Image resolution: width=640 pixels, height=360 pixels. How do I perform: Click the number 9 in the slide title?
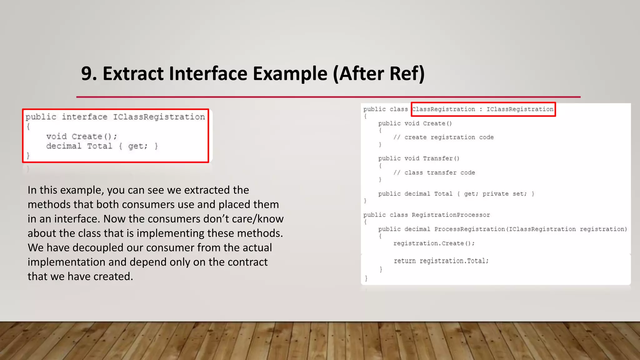(87, 74)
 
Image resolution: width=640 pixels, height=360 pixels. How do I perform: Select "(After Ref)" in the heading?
(378, 74)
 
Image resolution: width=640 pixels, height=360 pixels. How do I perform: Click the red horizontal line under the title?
(328, 97)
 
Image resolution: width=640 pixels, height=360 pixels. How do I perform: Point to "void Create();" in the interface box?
(82, 137)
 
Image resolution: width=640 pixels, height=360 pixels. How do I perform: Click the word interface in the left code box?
(84, 117)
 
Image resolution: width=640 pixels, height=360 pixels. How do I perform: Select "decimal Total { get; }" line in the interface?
(102, 146)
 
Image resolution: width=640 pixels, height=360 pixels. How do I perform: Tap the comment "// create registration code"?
(443, 137)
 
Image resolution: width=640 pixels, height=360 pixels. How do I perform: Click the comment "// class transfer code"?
(434, 172)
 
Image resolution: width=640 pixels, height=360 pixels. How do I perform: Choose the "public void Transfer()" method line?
(419, 158)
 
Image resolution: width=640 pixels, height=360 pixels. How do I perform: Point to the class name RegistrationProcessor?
(451, 215)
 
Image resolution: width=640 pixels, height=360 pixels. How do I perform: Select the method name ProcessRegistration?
(469, 229)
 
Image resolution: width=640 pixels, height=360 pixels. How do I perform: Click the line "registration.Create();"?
(434, 243)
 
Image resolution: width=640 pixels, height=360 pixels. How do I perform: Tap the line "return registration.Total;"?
(441, 261)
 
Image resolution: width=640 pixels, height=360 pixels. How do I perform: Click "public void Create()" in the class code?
(415, 123)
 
